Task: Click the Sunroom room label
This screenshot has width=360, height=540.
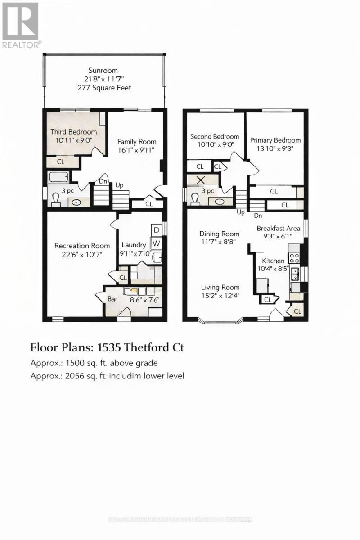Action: click(103, 70)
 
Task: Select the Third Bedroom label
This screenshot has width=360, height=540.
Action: click(73, 132)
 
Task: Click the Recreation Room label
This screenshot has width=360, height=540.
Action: click(82, 246)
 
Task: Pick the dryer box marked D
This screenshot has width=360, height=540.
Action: click(156, 229)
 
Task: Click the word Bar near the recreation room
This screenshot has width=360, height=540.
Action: click(112, 298)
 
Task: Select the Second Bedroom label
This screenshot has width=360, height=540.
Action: click(215, 136)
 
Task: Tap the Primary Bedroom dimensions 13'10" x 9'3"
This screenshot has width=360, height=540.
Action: click(275, 149)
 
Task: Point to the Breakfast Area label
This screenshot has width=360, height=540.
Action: click(278, 228)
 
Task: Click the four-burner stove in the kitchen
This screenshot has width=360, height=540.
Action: click(294, 257)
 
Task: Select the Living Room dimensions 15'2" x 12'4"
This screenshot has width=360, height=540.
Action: click(220, 296)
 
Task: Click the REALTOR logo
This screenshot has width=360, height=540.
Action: click(21, 25)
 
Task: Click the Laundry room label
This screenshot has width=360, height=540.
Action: click(134, 245)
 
